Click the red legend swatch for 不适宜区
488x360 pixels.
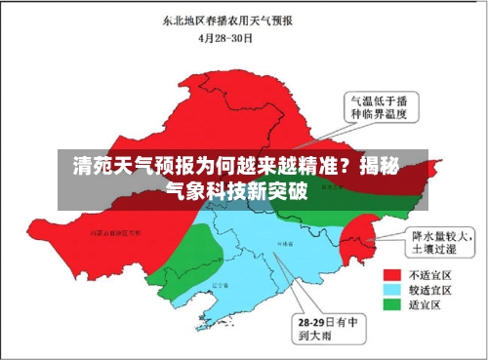point(394,274)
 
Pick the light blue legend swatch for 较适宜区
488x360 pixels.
point(394,290)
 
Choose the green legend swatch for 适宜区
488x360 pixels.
point(394,304)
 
